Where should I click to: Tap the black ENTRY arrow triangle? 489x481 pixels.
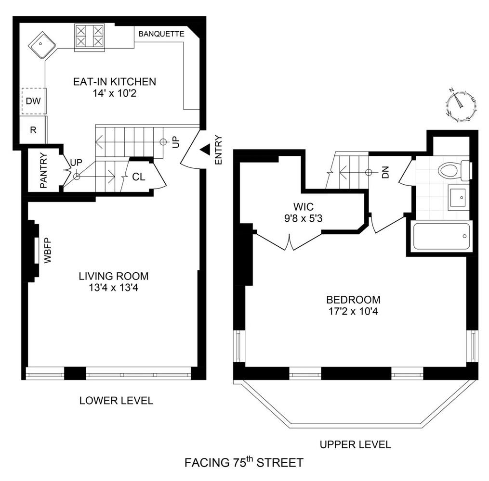204,150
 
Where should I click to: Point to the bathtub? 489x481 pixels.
441,236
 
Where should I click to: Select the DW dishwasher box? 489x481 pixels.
33,101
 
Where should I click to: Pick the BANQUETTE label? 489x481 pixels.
161,34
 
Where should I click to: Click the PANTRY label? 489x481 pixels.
43,171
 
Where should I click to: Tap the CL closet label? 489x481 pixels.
139,177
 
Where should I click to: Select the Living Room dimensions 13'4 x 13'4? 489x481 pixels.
114,288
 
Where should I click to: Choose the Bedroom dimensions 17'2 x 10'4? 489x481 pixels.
353,311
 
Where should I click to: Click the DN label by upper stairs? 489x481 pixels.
385,172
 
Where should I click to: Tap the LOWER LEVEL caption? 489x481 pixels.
116,400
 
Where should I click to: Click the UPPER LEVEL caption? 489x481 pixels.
355,444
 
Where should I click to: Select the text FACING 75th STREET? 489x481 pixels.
244,463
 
